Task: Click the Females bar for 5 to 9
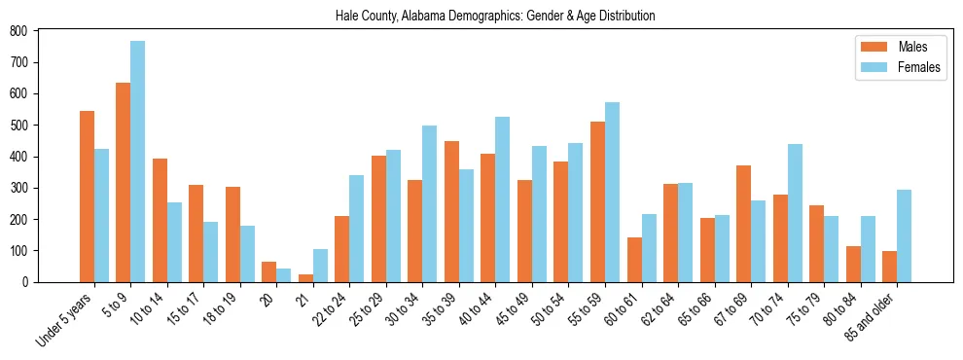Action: (x=138, y=162)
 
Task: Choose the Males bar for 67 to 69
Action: (x=743, y=224)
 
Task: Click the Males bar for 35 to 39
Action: (x=451, y=211)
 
